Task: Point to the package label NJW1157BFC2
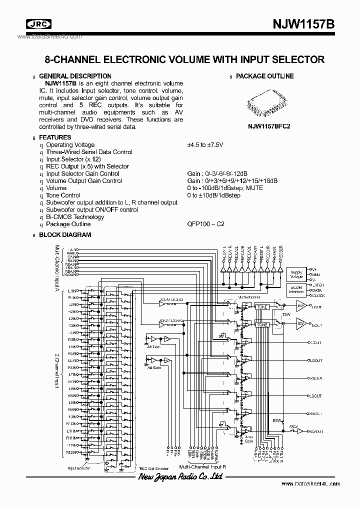pos(269,127)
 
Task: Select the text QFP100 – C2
pos(205,224)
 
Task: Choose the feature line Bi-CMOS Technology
pos(75,217)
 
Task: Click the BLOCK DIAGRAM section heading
pos(65,234)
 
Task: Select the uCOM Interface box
pos(296,290)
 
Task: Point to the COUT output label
pos(316,343)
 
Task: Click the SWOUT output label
pos(316,431)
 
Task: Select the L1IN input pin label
pos(73,290)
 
